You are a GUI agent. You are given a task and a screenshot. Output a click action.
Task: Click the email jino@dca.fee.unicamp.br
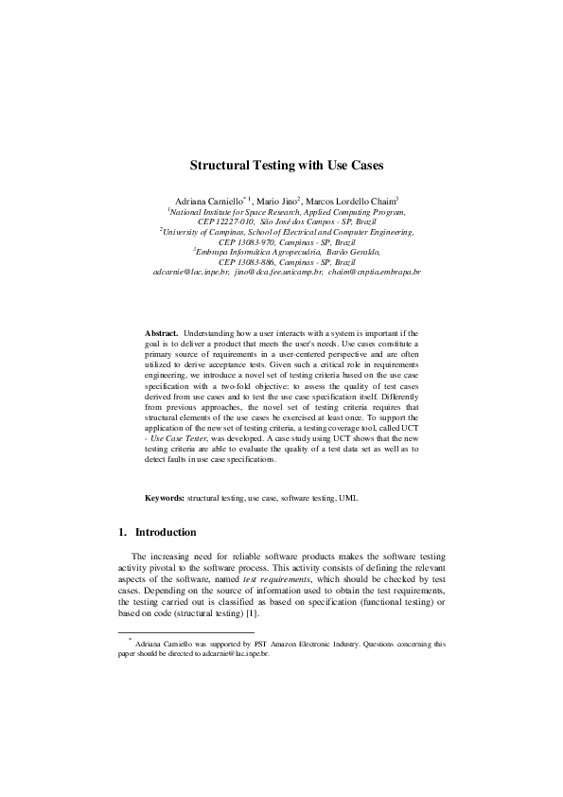tap(276, 272)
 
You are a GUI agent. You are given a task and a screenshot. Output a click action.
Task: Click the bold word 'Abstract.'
tap(161, 334)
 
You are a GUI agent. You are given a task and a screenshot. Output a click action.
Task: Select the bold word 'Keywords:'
tap(165, 497)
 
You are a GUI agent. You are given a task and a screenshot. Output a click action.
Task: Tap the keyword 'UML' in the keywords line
tap(349, 497)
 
